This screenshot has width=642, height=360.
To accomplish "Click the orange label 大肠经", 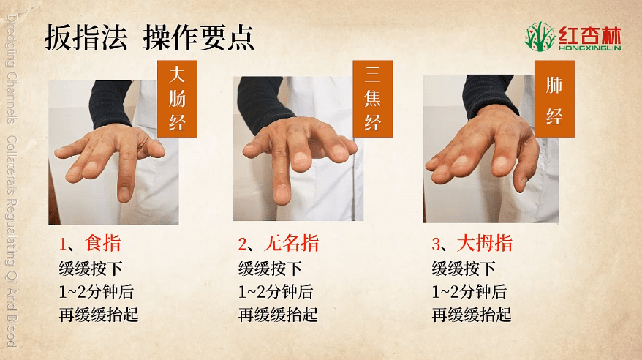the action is pyautogui.click(x=177, y=99).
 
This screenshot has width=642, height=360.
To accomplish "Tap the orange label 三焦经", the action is pyautogui.click(x=373, y=99).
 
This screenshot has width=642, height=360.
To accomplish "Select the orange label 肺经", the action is pyautogui.click(x=554, y=99).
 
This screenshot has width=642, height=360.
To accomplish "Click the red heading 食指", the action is pyautogui.click(x=103, y=243).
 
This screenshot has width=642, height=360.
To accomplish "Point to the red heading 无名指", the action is pyautogui.click(x=291, y=243).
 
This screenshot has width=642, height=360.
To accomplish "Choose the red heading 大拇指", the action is pyautogui.click(x=485, y=243).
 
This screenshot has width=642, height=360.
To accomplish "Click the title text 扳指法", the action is pyautogui.click(x=86, y=37).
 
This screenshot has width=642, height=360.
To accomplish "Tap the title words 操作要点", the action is pyautogui.click(x=199, y=37).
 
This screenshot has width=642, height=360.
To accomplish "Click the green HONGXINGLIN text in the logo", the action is pyautogui.click(x=590, y=48).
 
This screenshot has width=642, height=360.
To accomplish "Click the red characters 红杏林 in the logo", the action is pyautogui.click(x=590, y=35).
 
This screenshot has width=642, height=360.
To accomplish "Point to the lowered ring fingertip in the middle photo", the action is pyautogui.click(x=282, y=194).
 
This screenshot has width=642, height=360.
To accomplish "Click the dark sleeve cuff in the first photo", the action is pyautogui.click(x=110, y=105).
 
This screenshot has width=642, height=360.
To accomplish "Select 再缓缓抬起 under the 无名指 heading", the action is pyautogui.click(x=278, y=315).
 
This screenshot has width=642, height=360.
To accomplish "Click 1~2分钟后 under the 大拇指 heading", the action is pyautogui.click(x=469, y=292).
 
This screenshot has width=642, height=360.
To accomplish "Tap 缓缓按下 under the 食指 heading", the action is pyautogui.click(x=91, y=269).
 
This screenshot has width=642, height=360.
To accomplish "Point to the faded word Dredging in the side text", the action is pyautogui.click(x=12, y=41).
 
